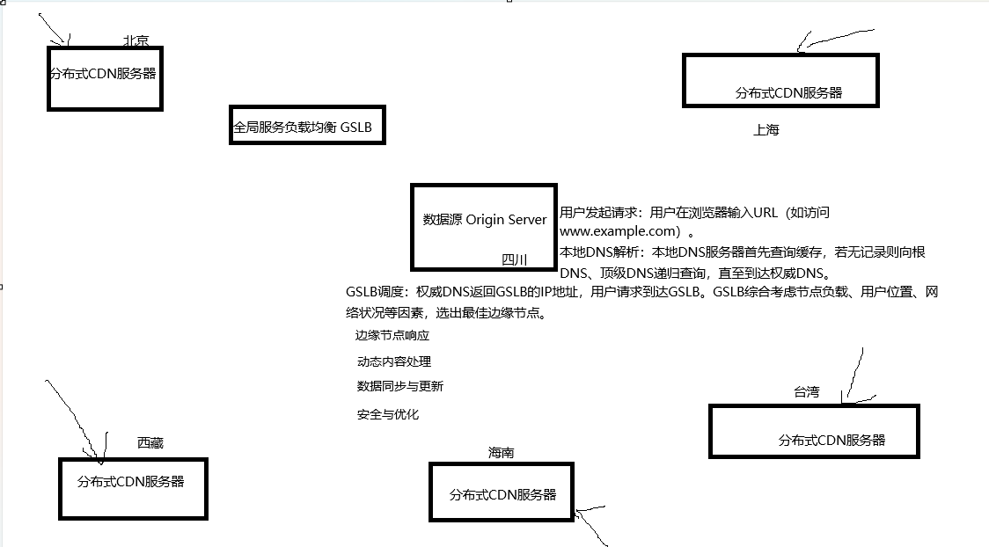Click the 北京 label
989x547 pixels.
pos(136,40)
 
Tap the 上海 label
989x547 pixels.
pos(766,130)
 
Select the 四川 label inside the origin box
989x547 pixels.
pos(515,259)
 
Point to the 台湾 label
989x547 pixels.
pos(806,392)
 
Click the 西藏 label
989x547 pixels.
pos(150,443)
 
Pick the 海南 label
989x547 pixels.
pos(502,453)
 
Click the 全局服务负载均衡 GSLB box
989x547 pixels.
pos(306,128)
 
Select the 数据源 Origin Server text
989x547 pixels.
pos(485,220)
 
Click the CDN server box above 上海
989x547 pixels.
pos(781,81)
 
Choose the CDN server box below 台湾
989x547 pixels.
pos(814,431)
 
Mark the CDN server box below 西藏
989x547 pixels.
pos(133,488)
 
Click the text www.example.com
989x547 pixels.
pos(620,232)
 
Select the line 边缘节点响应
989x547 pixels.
pos(392,336)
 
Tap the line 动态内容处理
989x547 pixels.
pos(394,361)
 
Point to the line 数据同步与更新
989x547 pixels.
pos(399,386)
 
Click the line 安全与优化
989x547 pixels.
pos(388,414)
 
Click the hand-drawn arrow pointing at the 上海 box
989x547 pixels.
pos(836,37)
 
